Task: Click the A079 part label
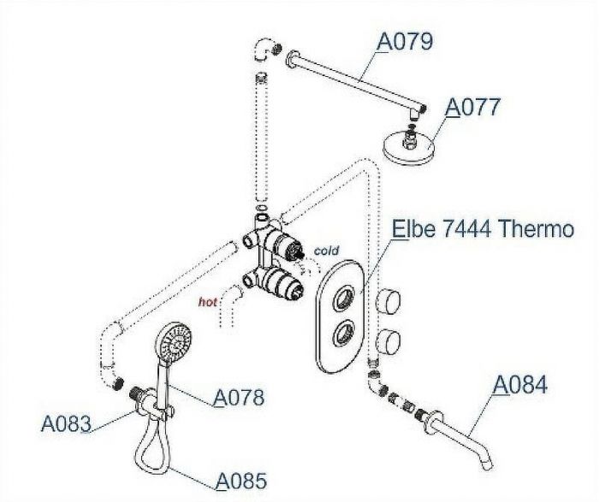(405, 41)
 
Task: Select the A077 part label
(472, 107)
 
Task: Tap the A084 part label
(520, 385)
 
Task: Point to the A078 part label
(239, 398)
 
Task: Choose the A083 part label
(66, 423)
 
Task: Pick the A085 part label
(241, 481)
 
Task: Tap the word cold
(326, 251)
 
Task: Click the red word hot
(207, 302)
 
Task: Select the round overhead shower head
(409, 148)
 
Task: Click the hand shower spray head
(175, 342)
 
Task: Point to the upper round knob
(388, 301)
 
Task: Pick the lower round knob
(388, 342)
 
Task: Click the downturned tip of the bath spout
(488, 464)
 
